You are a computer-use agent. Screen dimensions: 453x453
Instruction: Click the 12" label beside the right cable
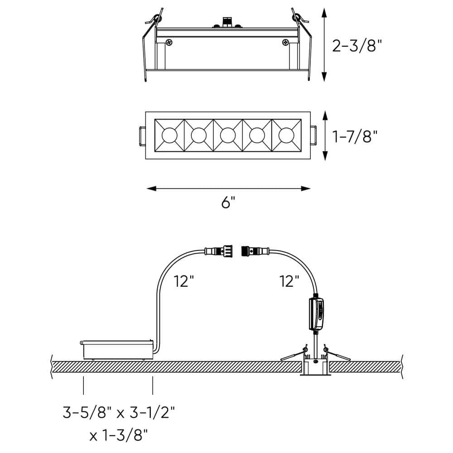289,282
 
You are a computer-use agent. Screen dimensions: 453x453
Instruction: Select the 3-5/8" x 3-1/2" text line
119,413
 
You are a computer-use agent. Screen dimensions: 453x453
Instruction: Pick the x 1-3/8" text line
119,436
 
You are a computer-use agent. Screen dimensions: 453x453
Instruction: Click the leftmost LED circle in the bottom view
169,135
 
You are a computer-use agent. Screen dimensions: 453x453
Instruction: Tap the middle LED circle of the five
228,135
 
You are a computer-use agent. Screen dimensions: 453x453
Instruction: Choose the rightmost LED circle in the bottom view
286,135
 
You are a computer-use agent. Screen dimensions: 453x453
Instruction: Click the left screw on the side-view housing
169,43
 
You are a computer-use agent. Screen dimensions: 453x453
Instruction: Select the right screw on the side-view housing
285,43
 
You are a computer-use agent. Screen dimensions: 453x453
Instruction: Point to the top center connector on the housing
226,22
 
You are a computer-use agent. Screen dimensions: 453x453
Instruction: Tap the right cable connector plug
255,250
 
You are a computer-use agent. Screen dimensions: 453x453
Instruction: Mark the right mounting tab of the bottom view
313,135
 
